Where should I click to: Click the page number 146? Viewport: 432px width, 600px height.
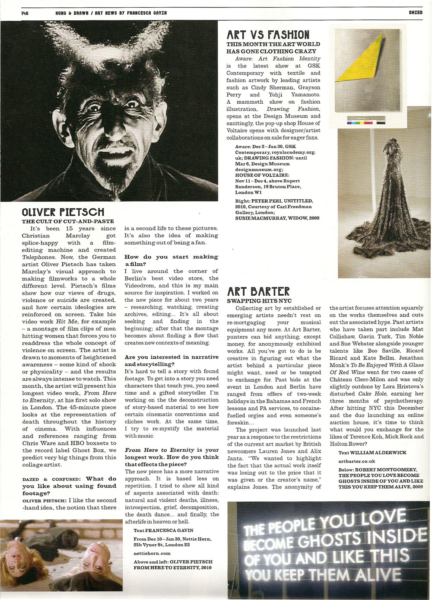[x=25, y=13]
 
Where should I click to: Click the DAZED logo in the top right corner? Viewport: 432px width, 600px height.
[x=415, y=13]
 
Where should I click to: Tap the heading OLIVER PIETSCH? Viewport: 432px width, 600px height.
[x=63, y=212]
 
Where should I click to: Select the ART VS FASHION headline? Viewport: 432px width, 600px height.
[x=268, y=35]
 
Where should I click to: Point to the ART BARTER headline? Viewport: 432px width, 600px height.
[x=258, y=291]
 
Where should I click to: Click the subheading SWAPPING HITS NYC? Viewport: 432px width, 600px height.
[x=259, y=300]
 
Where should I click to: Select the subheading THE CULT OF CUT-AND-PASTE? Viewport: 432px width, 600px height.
[x=68, y=221]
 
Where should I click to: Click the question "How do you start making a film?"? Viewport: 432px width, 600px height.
[x=171, y=260]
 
